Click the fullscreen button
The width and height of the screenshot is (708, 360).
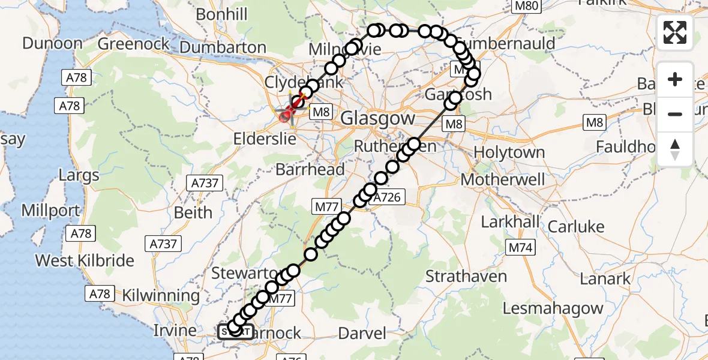tap(675, 32)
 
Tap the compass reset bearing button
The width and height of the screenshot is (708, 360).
tap(675, 149)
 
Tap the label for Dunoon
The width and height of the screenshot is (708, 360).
tap(53, 43)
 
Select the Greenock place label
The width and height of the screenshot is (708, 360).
tap(134, 44)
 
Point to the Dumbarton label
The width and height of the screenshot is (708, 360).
tap(223, 47)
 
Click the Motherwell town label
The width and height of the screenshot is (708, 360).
tap(503, 179)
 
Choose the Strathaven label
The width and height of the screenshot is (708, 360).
tap(466, 277)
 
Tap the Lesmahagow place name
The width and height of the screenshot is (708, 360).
tap(553, 308)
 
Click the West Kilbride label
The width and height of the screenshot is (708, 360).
tap(85, 260)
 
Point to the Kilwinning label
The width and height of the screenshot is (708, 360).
tap(161, 295)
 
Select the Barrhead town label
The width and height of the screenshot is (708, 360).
tap(310, 169)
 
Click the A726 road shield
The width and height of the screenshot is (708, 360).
tap(389, 196)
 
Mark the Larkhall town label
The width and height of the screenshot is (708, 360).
tap(511, 221)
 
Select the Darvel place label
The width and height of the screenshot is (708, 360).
tap(362, 333)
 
